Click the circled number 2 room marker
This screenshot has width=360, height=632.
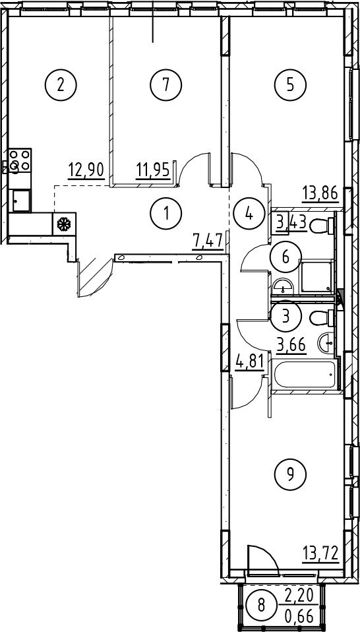61,84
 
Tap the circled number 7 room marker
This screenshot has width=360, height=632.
166,84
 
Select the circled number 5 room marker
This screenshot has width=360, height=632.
290,84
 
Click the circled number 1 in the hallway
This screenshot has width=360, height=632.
166,213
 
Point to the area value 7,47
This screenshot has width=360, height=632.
208,243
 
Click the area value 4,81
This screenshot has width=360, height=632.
250,363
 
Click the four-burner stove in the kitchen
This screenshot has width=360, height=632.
19,160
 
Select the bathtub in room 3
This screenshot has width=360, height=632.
305,375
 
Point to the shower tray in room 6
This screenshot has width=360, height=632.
317,275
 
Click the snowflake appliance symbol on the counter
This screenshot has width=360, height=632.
64,224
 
